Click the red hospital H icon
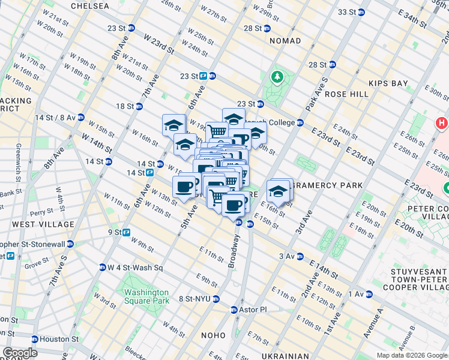tap(442, 123)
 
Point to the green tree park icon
tap(277, 77)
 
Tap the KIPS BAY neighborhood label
tap(388, 83)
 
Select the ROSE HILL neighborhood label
tap(346, 94)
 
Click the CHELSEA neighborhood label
tap(90, 6)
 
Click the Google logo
tap(19, 353)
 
